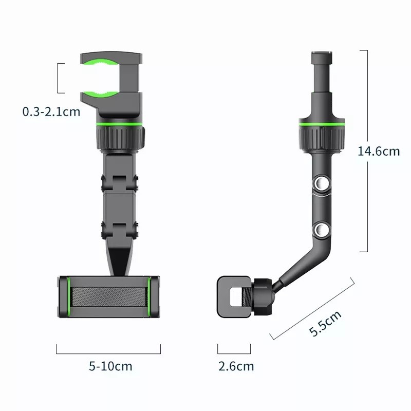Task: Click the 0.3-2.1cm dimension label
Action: point(51,111)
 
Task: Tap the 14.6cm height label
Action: point(379,151)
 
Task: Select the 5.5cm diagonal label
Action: point(325,323)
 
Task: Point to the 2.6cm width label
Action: point(236,366)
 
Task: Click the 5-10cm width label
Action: point(110,366)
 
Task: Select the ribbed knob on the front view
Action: point(121,137)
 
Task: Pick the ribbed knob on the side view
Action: point(322,137)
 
